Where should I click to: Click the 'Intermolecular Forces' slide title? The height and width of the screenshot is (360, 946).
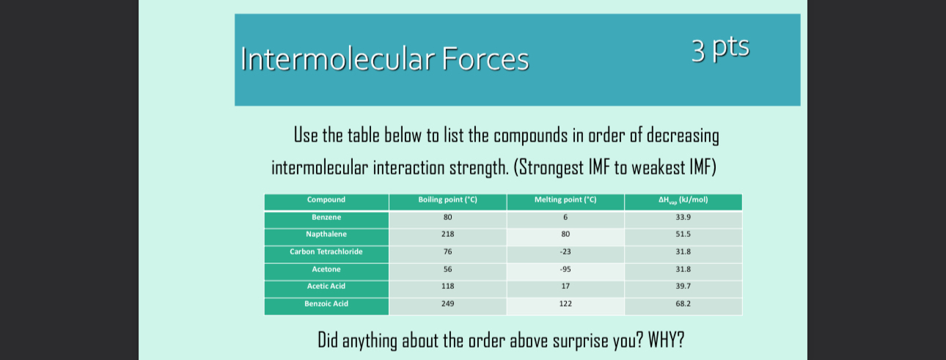tap(384, 59)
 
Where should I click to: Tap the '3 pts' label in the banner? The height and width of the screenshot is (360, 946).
tap(720, 48)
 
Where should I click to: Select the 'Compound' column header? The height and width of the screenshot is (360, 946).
tap(326, 200)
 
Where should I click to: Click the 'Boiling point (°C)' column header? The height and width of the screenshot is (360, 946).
tap(447, 200)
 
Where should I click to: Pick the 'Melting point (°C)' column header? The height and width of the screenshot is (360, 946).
tap(565, 200)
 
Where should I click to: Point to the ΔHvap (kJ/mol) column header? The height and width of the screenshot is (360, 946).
tap(683, 200)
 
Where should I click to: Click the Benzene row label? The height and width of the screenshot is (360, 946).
tap(326, 218)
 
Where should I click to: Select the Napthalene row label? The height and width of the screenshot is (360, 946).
tap(326, 235)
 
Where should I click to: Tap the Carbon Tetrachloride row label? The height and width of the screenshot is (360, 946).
tap(326, 252)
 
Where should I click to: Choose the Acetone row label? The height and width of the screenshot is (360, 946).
tap(326, 269)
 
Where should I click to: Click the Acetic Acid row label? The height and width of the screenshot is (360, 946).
tap(326, 287)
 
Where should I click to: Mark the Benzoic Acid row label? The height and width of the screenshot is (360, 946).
tap(326, 304)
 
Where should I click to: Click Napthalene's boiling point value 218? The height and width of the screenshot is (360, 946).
tap(447, 235)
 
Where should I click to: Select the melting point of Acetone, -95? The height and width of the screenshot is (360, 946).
tap(565, 269)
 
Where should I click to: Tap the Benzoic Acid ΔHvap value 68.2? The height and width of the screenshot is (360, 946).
tap(683, 304)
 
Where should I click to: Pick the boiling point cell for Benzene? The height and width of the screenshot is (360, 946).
tap(447, 218)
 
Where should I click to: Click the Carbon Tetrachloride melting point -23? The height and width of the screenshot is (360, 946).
tap(565, 252)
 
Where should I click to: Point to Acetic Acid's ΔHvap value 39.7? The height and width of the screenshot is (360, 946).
tap(683, 287)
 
